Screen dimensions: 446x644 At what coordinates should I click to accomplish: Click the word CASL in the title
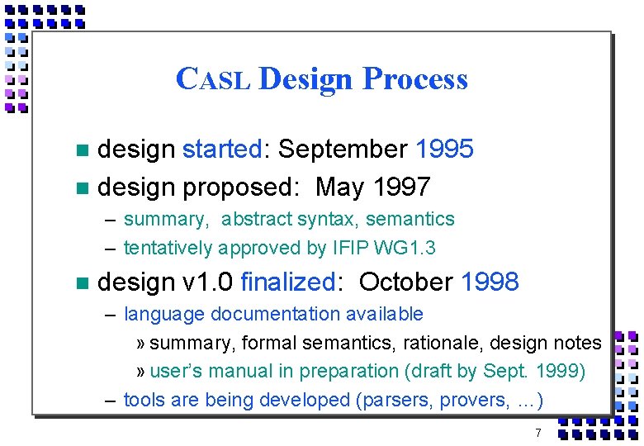[x=214, y=79]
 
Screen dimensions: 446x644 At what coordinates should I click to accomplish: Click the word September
[x=343, y=149]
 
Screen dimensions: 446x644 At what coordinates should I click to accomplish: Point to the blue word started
[x=221, y=149]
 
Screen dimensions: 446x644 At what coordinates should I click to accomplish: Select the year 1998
[x=490, y=282]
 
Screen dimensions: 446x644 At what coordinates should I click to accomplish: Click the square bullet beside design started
[x=79, y=150]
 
